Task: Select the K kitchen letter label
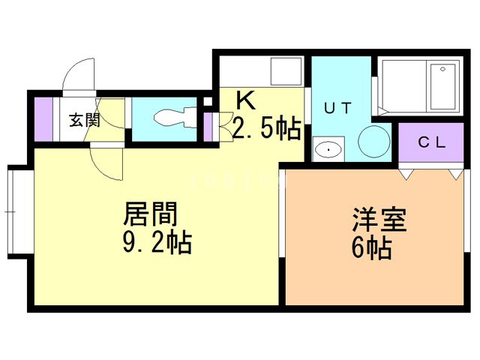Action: point(244,99)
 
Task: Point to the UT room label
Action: point(337,108)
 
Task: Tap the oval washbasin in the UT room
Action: point(328,149)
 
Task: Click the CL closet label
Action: point(432,142)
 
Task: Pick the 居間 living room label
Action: point(151,215)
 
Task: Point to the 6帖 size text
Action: point(371,247)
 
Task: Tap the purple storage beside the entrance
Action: point(43,118)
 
